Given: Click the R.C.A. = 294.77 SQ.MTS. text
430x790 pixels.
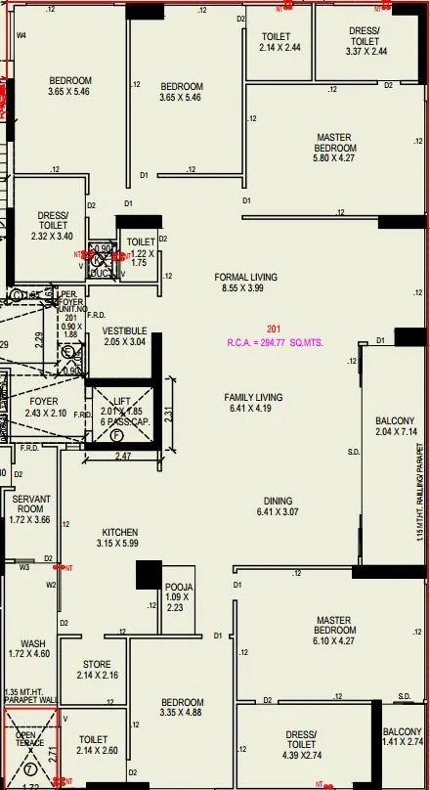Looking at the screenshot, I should click(x=275, y=344).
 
